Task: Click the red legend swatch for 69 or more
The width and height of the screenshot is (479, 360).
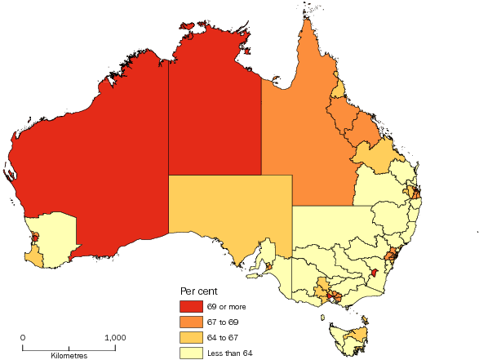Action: (x=192, y=307)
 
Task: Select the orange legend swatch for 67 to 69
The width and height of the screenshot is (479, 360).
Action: (x=192, y=322)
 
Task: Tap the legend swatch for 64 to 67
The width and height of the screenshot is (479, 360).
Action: (x=192, y=338)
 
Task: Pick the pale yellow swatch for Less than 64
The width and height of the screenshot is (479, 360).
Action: (x=192, y=353)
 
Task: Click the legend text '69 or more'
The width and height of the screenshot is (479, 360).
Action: (x=225, y=307)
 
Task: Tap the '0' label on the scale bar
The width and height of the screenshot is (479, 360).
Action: (x=23, y=337)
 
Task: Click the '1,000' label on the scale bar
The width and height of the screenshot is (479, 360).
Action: (x=114, y=337)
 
